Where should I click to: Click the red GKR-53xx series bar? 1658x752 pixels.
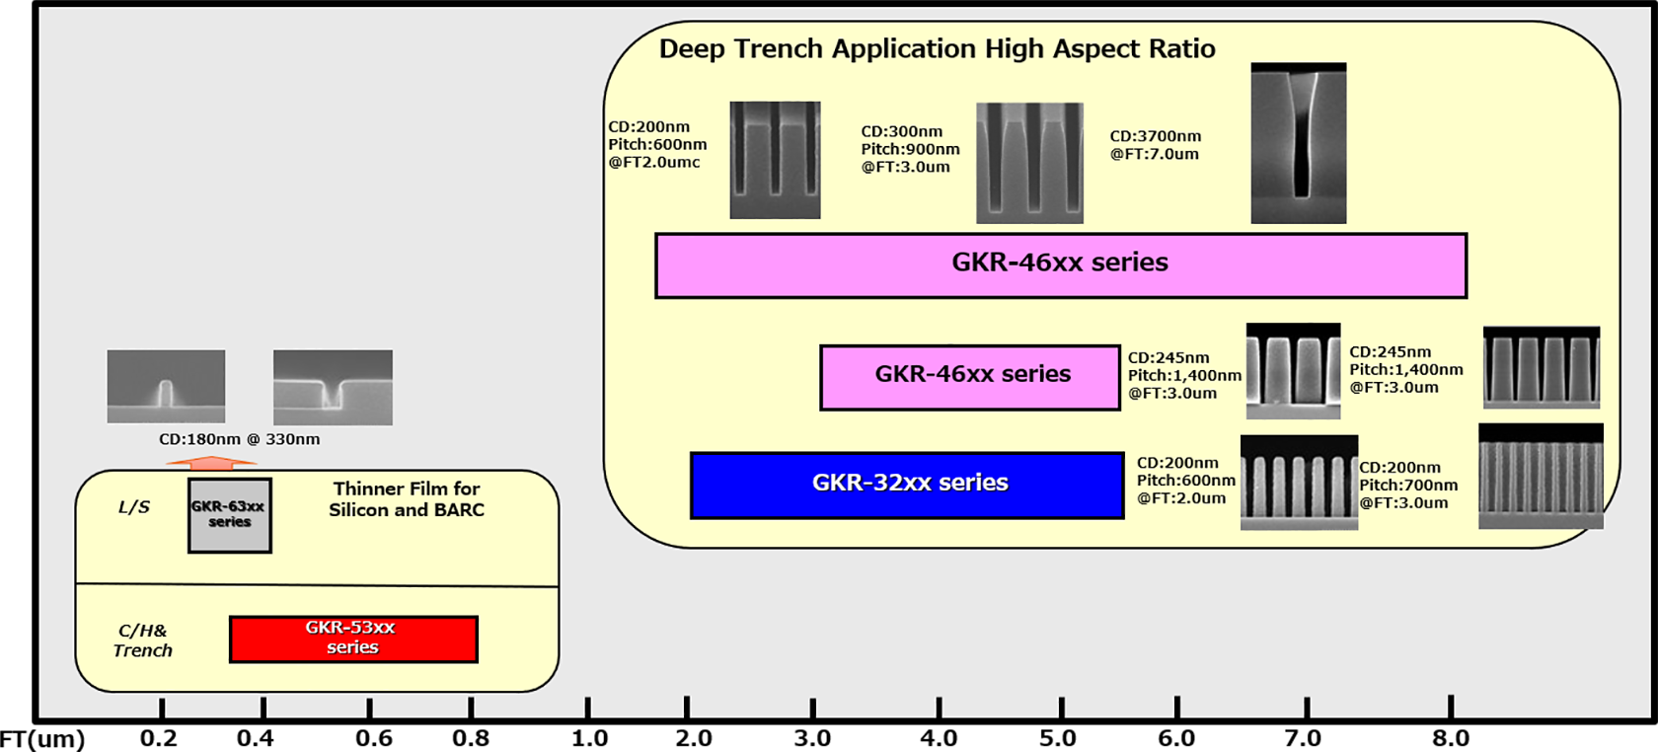[x=353, y=639]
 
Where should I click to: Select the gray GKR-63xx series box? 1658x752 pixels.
[x=230, y=515]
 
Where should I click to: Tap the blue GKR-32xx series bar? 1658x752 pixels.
[x=907, y=485]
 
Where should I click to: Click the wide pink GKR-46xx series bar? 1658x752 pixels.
[x=1061, y=264]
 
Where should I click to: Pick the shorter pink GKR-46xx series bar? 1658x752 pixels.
[x=970, y=376]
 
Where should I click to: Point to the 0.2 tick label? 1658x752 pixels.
[x=159, y=738]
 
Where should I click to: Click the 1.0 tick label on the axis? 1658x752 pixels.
[x=589, y=738]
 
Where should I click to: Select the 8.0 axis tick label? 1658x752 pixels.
[x=1451, y=738]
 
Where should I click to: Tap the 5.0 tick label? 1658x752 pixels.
[x=1057, y=738]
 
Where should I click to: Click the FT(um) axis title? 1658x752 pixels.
[x=42, y=738]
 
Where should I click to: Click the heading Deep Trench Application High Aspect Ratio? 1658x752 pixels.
[x=937, y=49]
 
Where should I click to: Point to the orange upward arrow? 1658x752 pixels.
[x=211, y=460]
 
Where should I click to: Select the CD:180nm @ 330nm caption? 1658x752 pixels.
[x=240, y=439]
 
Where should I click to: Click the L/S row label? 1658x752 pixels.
[x=134, y=507]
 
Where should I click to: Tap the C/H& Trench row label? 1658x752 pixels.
[x=143, y=640]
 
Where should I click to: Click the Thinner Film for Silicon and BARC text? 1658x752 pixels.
[x=407, y=499]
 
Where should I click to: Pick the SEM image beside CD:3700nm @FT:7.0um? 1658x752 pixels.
[x=1298, y=143]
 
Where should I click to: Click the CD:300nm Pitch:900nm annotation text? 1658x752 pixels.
[x=909, y=149]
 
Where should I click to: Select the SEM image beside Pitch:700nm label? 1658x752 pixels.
[x=1541, y=477]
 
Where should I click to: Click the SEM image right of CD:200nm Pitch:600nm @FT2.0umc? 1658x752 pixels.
[x=775, y=160]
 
